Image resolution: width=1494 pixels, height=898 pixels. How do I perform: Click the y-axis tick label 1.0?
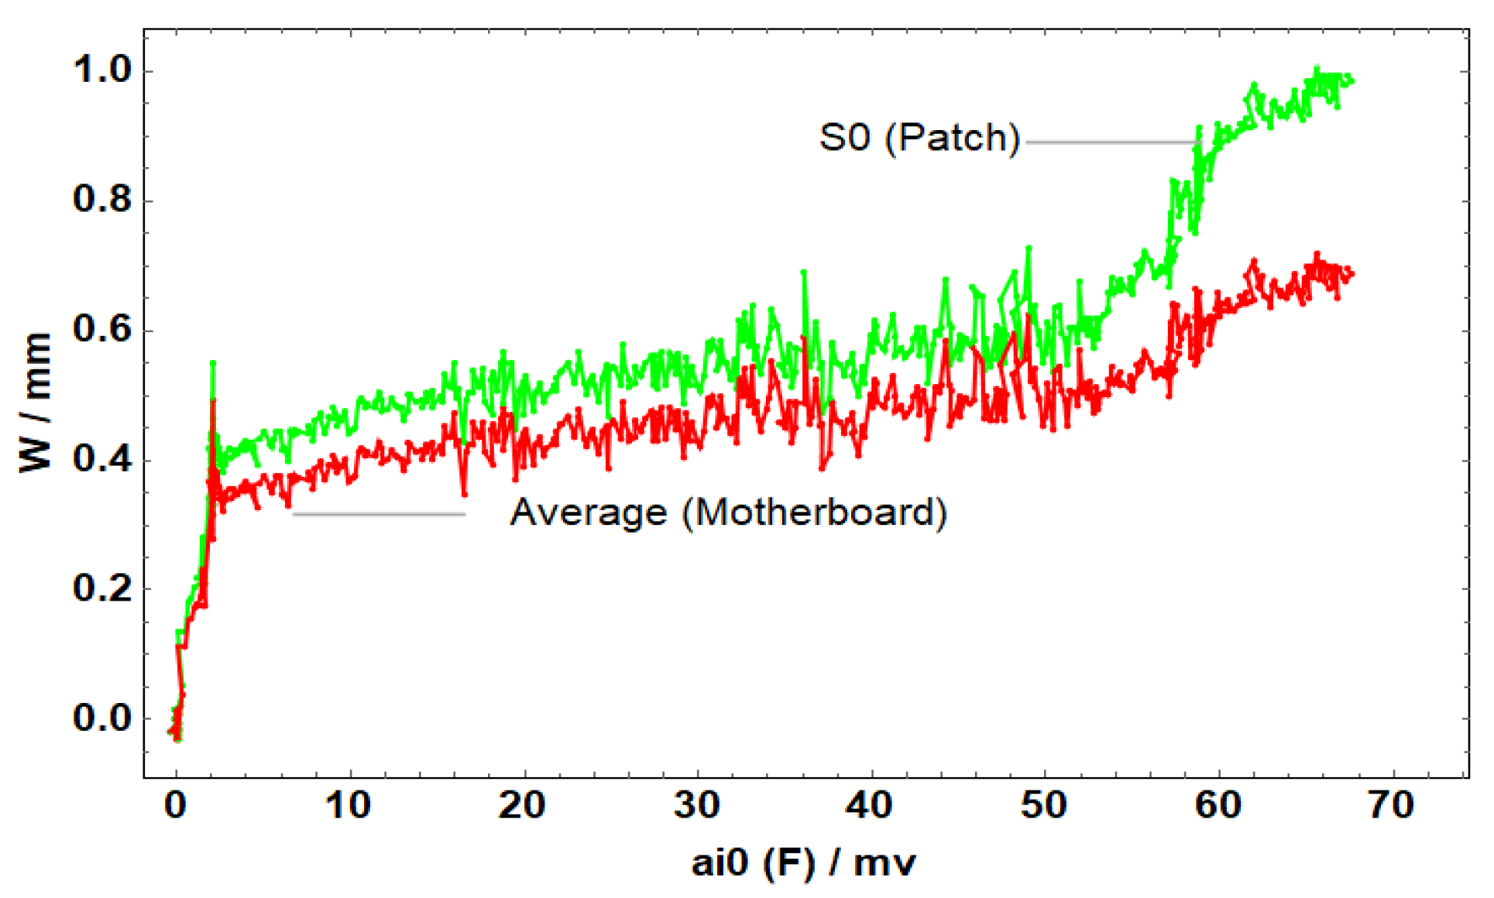point(102,70)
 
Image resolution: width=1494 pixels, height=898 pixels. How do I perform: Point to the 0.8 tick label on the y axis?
point(102,200)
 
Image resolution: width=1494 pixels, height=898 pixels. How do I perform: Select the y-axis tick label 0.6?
point(102,330)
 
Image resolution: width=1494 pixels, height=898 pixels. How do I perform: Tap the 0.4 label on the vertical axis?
point(102,459)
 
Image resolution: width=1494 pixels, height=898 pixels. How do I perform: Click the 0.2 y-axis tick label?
point(102,588)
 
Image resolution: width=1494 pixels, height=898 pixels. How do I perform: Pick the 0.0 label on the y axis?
point(102,718)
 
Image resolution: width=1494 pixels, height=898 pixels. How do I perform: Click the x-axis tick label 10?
point(349,806)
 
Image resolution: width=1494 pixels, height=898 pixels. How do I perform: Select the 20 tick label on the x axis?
point(522,806)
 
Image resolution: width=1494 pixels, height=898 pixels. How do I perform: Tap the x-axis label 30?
point(696,806)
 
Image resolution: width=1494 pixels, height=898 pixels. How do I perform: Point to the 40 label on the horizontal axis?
point(870,806)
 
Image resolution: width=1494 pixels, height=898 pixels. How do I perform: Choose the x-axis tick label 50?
point(1044,806)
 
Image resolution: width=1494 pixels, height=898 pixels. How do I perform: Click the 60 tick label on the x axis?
point(1218,806)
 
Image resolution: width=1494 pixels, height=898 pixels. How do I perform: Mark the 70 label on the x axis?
point(1392,806)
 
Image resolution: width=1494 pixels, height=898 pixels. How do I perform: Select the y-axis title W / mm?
point(36,403)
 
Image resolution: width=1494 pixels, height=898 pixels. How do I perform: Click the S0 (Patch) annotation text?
point(920,138)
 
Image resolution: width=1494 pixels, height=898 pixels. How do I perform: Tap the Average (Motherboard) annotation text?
point(728,513)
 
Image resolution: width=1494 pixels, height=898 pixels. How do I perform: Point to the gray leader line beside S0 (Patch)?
point(1111,142)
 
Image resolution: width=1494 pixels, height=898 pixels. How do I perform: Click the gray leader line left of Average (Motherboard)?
point(380,514)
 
